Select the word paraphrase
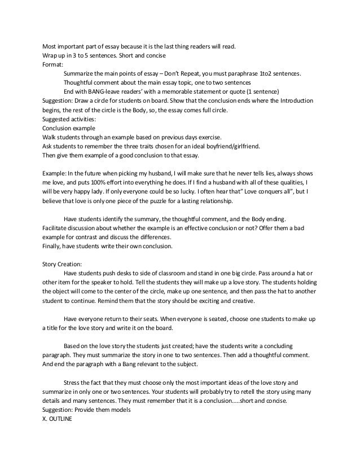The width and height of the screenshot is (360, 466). [x=247, y=74]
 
